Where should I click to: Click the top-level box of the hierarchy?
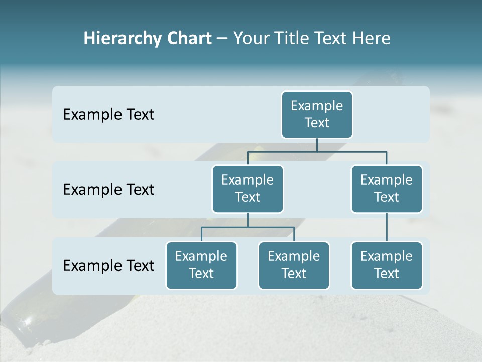click(317, 114)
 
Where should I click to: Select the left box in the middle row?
click(248, 189)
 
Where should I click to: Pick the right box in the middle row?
click(387, 189)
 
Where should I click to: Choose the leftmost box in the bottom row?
click(201, 265)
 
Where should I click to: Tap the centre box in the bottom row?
click(294, 265)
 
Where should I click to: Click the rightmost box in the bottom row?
click(387, 265)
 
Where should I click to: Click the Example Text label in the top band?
click(108, 115)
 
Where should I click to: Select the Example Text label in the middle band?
click(108, 190)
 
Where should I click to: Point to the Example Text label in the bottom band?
click(108, 266)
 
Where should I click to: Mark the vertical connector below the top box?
click(317, 145)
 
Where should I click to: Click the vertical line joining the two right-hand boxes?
click(387, 227)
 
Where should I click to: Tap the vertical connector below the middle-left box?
click(248, 220)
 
